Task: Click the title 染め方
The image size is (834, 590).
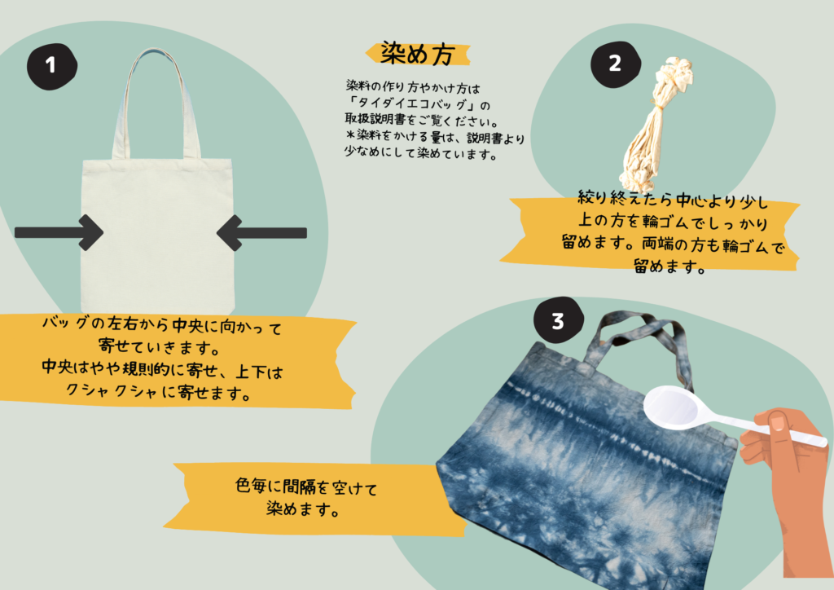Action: click(418, 54)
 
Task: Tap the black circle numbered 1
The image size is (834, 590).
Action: click(51, 66)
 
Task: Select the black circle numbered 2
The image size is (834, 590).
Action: click(616, 64)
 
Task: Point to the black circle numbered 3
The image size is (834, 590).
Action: click(559, 320)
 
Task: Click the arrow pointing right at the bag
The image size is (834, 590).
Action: click(59, 232)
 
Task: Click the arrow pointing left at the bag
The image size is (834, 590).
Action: click(261, 232)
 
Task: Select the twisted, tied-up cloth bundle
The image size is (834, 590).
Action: click(656, 125)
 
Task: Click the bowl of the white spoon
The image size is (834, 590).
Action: click(671, 407)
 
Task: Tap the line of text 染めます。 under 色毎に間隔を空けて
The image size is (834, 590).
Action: click(303, 509)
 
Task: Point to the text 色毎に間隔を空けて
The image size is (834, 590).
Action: click(306, 487)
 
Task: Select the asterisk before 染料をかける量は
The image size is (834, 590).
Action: click(350, 134)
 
